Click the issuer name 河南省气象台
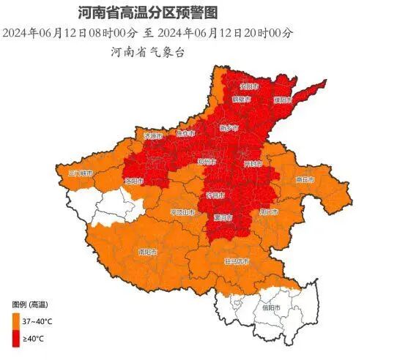tap(147, 52)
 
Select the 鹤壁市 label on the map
tap(241, 98)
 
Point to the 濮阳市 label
tap(283, 99)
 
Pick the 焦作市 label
tap(186, 133)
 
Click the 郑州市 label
tap(207, 161)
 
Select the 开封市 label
tap(253, 162)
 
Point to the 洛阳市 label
tap(155, 180)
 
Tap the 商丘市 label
tap(304, 179)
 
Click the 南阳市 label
tap(149, 251)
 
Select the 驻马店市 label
tap(236, 261)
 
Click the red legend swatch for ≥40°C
tap(15, 338)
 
